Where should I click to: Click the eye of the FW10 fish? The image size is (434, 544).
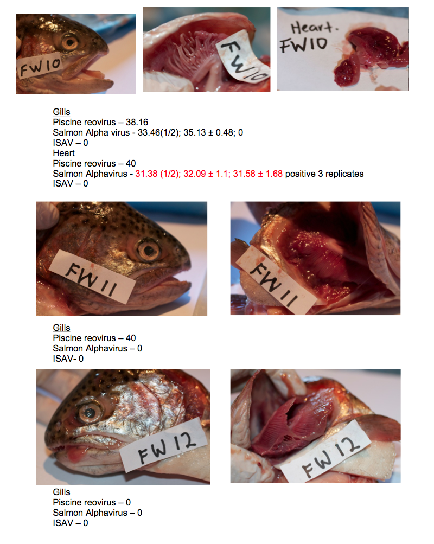coord(70,42)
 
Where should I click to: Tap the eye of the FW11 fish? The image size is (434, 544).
coord(149,251)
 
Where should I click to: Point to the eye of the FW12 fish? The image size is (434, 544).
coord(90,413)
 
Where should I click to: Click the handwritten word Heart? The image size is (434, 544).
coord(314,28)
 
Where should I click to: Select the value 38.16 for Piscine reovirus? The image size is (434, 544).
coord(137,122)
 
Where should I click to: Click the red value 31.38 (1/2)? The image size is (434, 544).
coord(157,174)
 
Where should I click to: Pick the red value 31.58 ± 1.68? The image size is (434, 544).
coord(258,174)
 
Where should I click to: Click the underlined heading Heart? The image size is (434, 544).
coord(64,153)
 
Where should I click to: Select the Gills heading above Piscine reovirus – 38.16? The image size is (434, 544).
coord(61,112)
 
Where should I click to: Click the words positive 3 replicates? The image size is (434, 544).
coord(324,174)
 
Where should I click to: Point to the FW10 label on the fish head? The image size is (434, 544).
coord(40,66)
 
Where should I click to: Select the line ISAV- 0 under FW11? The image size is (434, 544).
coord(68,359)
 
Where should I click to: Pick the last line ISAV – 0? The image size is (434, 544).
coord(71,523)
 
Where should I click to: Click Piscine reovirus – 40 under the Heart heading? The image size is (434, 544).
coord(94,163)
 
